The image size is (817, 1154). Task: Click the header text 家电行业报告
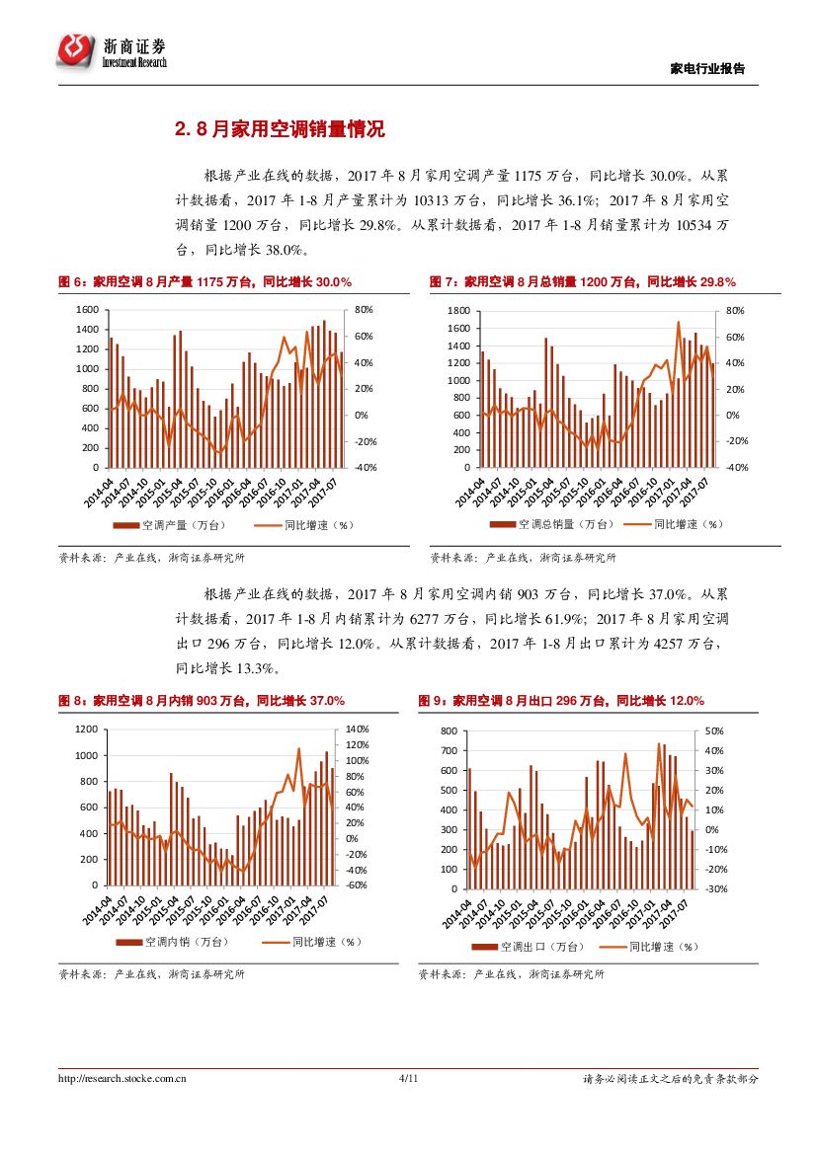pos(707,68)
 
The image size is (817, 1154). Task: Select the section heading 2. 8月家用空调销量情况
pos(279,129)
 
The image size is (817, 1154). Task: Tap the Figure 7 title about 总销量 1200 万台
pos(582,282)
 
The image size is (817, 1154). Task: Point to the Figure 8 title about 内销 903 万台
pos(202,701)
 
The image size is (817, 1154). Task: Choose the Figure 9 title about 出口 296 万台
pos(560,701)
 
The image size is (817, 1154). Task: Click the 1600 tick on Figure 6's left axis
pos(88,310)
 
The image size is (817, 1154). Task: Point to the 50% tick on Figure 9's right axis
pos(714,731)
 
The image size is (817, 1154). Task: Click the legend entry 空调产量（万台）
pos(173,525)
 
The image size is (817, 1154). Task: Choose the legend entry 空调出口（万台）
pos(533,947)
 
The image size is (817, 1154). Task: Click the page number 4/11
pos(408,1079)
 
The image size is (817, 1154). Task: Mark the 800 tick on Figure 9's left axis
pos(449,731)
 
